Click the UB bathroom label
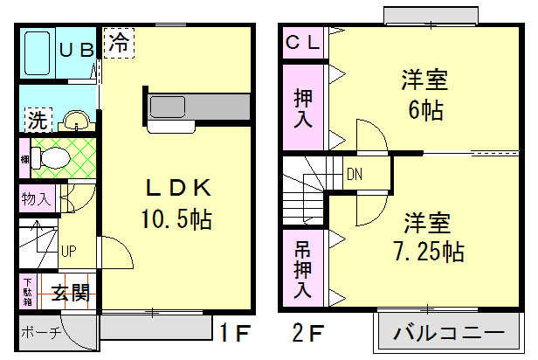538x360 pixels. tap(75, 49)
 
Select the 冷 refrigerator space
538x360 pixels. tap(119, 42)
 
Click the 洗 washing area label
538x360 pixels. tap(36, 118)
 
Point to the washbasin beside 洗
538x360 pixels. tap(76, 119)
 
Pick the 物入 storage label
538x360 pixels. tap(36, 198)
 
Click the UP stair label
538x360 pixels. tap(67, 252)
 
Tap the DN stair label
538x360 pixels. tap(354, 173)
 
